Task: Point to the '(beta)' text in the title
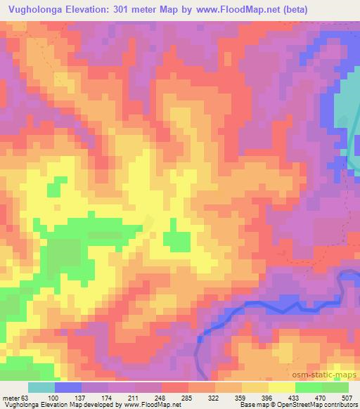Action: (335, 9)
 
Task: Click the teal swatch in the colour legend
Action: (41, 387)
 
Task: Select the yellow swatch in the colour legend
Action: (282, 387)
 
